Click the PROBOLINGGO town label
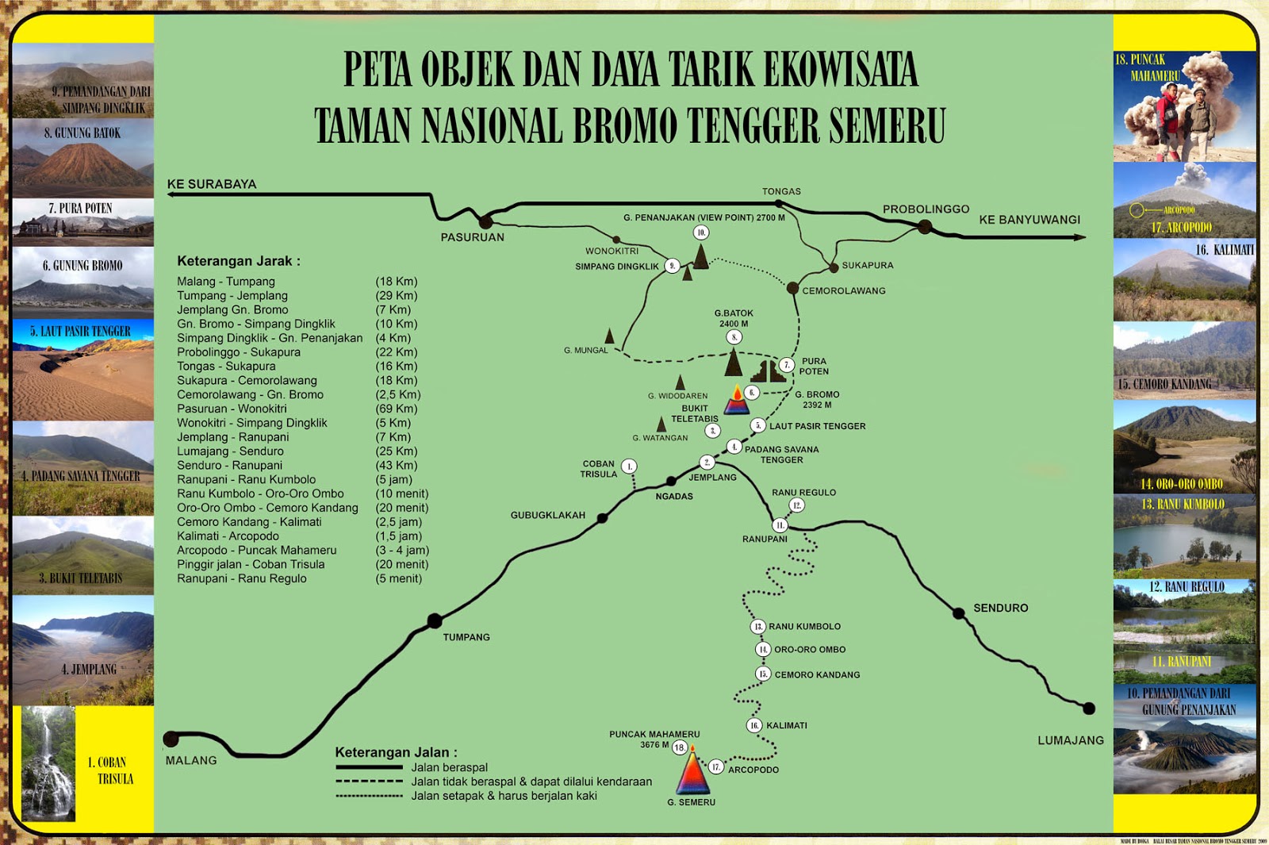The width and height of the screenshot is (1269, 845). pos(926,209)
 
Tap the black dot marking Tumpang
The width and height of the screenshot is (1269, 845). pos(435,620)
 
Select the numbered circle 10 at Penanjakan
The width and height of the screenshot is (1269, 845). pos(700,232)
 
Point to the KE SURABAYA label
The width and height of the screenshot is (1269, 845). pos(212,184)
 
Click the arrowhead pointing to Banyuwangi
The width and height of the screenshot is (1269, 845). pos(1079,236)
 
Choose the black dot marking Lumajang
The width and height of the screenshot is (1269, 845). pos(1089,709)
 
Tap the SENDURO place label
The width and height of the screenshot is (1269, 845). pos(1000,608)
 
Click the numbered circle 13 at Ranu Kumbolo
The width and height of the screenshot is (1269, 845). pos(758,627)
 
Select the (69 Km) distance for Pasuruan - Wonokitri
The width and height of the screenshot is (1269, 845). pos(397,409)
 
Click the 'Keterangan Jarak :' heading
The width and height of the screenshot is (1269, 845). pos(239,261)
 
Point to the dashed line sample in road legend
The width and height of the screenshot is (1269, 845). pos(369,782)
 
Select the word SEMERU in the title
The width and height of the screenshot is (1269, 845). pos(887,125)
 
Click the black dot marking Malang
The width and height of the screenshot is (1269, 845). pos(171,739)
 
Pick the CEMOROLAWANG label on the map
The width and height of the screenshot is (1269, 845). pos(843,290)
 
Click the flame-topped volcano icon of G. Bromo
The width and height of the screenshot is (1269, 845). pos(737,401)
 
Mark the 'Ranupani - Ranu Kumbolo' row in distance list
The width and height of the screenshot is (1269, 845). pos(247,480)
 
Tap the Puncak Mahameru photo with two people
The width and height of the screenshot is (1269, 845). pos(1184,107)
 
